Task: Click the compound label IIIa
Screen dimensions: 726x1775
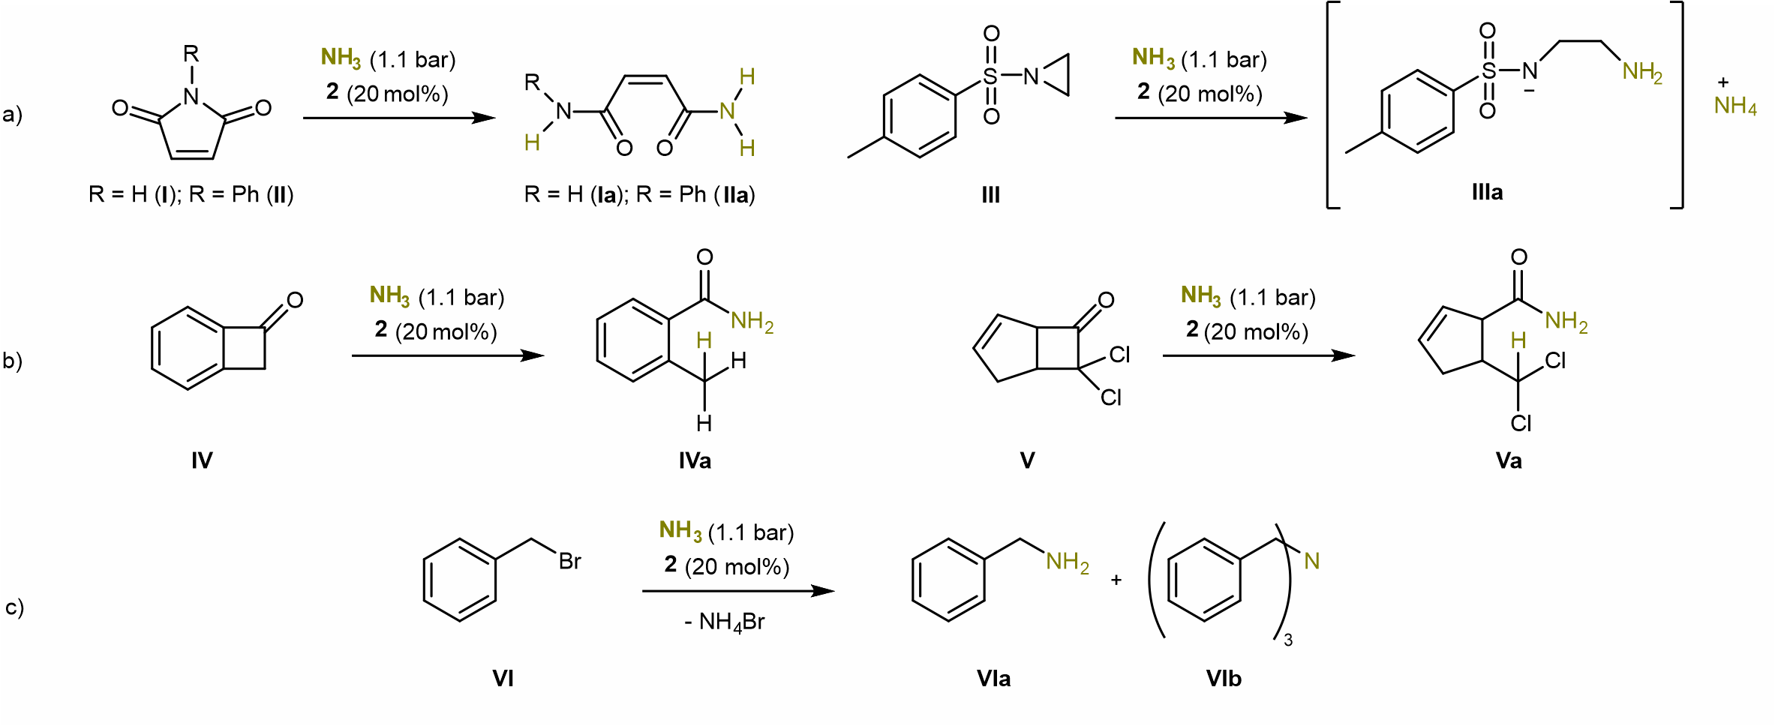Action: [x=1487, y=193]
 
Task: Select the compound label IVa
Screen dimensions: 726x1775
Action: [x=695, y=460]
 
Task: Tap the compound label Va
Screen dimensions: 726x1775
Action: [x=1509, y=460]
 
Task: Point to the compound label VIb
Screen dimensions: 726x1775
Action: [x=1224, y=678]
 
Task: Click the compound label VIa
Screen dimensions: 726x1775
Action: [x=993, y=678]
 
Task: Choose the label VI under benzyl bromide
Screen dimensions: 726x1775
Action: [x=503, y=678]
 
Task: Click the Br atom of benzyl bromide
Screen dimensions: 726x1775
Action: [x=569, y=561]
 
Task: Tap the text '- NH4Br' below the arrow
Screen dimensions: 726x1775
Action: [x=724, y=622]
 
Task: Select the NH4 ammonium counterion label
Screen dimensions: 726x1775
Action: [x=1735, y=106]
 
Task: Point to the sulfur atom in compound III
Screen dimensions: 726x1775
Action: [x=990, y=76]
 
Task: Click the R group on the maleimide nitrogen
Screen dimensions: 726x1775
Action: [x=191, y=54]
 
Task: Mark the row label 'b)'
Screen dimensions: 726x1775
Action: [x=13, y=361]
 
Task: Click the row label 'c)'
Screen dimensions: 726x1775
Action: [x=14, y=606]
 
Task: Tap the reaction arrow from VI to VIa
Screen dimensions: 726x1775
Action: [x=738, y=591]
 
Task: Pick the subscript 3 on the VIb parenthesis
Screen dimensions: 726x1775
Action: [x=1288, y=640]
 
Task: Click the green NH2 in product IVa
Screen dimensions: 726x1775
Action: [x=752, y=322]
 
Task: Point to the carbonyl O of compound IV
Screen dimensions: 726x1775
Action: [x=295, y=300]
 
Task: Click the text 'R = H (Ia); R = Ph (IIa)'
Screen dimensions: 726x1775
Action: [x=639, y=195]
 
